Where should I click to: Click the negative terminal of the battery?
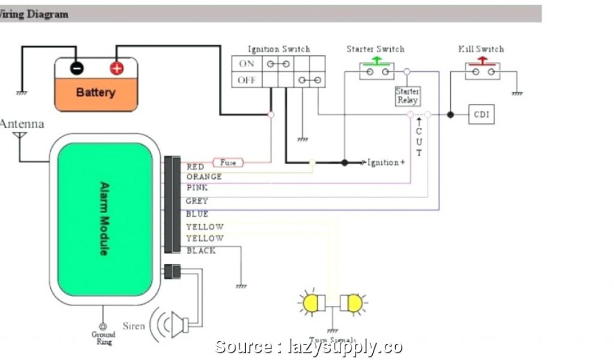pos(77,68)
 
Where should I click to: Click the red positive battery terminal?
pos(116,68)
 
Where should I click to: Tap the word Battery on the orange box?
pos(96,92)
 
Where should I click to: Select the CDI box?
pos(481,114)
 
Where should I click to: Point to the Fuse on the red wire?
pos(228,162)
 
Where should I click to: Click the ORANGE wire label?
pos(204,177)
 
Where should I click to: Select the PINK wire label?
pos(197,188)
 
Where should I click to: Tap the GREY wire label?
pos(197,202)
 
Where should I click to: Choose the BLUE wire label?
pos(197,214)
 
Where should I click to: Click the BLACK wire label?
pos(201,251)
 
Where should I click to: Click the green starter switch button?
pos(377,61)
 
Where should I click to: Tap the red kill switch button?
pos(481,61)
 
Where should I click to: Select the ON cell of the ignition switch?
pos(246,64)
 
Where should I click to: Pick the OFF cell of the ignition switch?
pos(246,80)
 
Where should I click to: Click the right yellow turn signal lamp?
pos(354,303)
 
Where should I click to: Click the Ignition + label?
pos(386,163)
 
